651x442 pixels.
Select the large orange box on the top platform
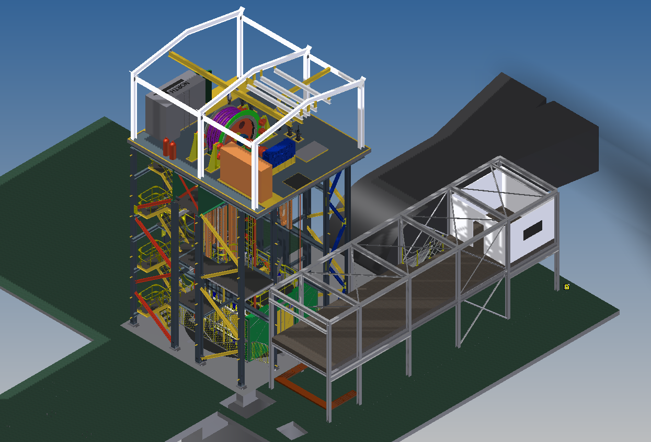[246, 171]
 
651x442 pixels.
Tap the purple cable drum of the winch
[222, 121]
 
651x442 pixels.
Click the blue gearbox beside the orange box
[280, 153]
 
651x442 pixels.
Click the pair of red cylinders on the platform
[169, 148]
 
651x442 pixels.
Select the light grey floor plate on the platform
[312, 151]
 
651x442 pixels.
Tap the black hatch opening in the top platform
[298, 180]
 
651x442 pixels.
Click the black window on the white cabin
[533, 230]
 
